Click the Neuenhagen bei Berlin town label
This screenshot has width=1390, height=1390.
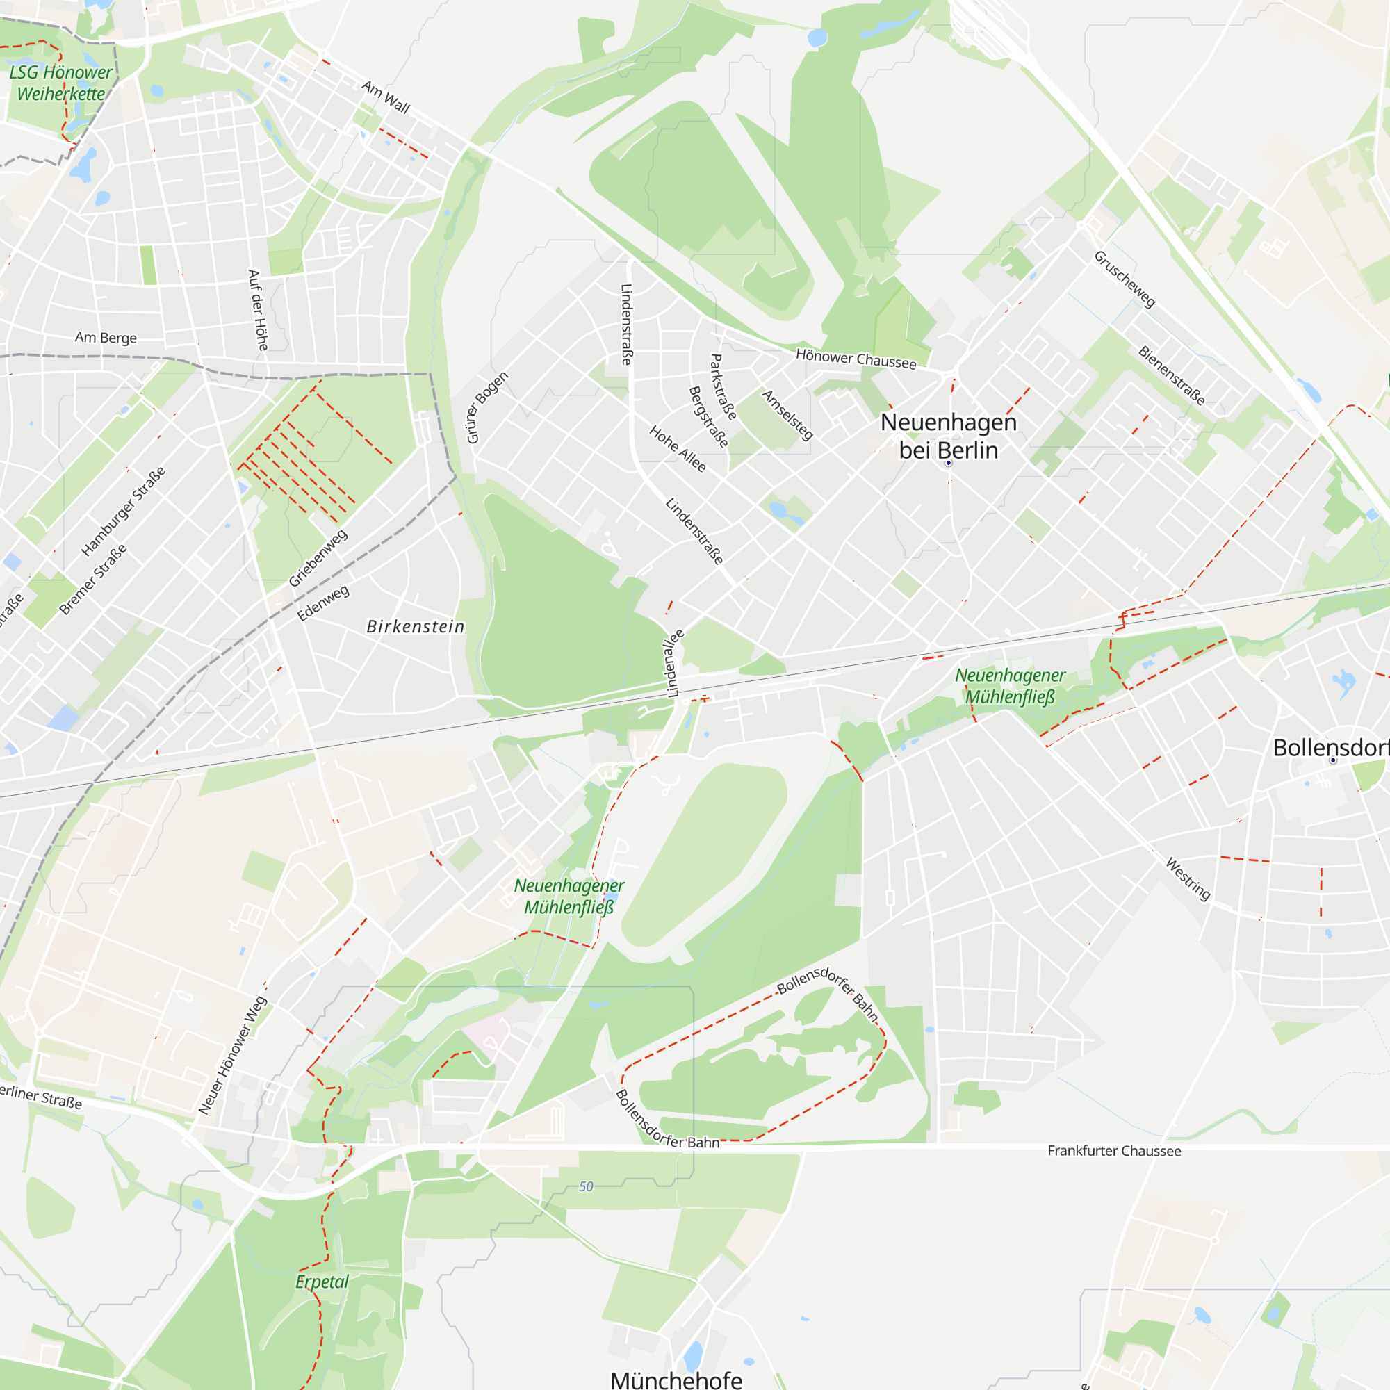948,436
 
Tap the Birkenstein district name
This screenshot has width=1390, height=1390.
415,627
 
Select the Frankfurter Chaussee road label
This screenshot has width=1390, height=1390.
1113,1151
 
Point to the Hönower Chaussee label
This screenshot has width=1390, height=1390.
856,359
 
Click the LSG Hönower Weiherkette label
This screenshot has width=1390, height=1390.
60,83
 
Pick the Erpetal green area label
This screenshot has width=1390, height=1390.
322,1282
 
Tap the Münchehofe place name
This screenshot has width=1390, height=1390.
676,1378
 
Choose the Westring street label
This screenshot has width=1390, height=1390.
1188,878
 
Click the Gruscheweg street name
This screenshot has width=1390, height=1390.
1125,279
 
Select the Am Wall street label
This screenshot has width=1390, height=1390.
386,97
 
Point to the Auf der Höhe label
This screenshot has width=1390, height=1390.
258,310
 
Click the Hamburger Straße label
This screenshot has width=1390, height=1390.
123,511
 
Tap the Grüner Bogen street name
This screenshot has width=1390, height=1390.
487,407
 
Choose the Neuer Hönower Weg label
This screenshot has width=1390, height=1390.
232,1056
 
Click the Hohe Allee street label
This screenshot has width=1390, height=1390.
678,448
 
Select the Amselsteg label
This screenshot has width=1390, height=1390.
787,415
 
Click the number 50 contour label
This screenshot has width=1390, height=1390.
586,1186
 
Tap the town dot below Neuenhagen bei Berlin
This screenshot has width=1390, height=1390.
948,463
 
